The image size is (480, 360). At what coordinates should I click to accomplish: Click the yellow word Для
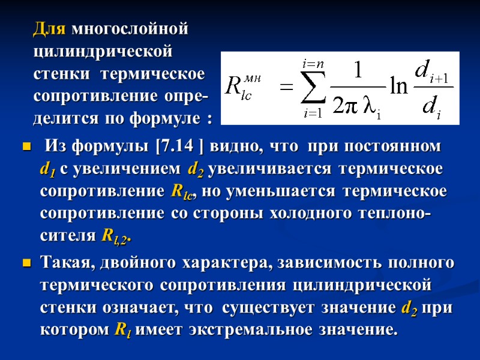(x=50, y=29)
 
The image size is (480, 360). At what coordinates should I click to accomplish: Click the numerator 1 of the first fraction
(x=358, y=71)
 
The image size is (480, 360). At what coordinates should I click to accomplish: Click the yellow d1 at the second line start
(x=47, y=170)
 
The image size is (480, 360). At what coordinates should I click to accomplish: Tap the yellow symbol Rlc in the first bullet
(x=182, y=193)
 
